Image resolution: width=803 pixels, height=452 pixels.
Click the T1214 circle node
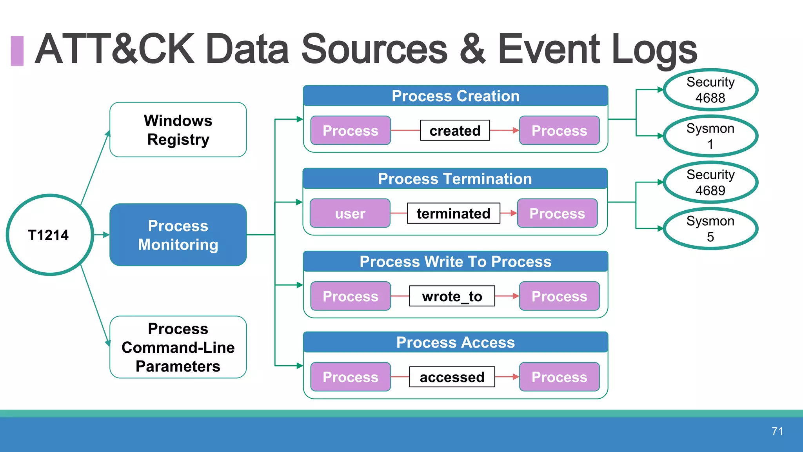(49, 235)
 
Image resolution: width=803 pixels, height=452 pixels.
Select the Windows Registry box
(178, 130)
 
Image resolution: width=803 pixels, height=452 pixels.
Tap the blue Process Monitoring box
(178, 235)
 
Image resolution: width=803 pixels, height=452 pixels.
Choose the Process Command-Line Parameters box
(178, 347)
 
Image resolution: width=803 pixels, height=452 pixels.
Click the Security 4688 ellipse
(710, 90)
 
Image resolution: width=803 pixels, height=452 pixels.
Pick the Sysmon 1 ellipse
(710, 136)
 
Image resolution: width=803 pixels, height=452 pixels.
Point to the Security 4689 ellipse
(710, 182)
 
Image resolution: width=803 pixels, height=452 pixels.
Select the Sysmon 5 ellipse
(710, 228)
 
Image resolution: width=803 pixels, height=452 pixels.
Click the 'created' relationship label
(455, 130)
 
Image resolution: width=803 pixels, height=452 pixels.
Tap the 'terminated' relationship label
(453, 213)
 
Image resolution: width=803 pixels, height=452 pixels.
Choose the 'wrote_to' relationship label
(452, 296)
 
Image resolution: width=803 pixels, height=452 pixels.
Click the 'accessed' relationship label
(452, 377)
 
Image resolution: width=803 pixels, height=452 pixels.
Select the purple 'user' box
(350, 213)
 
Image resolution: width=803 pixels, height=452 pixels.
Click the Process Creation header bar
(455, 96)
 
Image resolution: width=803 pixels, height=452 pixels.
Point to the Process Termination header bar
(455, 179)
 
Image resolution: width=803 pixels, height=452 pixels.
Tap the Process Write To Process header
(455, 262)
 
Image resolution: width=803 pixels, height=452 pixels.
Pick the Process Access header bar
(455, 343)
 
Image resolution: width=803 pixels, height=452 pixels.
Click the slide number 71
(777, 431)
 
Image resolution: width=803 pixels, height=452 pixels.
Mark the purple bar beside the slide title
(17, 51)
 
